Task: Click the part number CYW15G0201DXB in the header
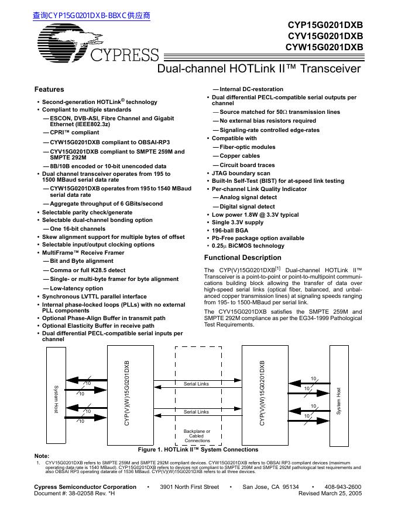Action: point(324,47)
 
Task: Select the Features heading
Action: point(49,89)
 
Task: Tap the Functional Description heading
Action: point(242,258)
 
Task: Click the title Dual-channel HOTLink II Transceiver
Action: point(260,69)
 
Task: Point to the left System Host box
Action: point(56,400)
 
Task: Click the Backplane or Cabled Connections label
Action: point(197,436)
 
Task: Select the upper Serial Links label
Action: point(196,384)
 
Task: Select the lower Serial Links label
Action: point(196,412)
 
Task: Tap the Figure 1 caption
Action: point(198,450)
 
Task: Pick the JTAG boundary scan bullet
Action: point(241,173)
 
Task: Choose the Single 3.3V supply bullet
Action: point(238,223)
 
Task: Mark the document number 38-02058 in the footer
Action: point(76,494)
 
